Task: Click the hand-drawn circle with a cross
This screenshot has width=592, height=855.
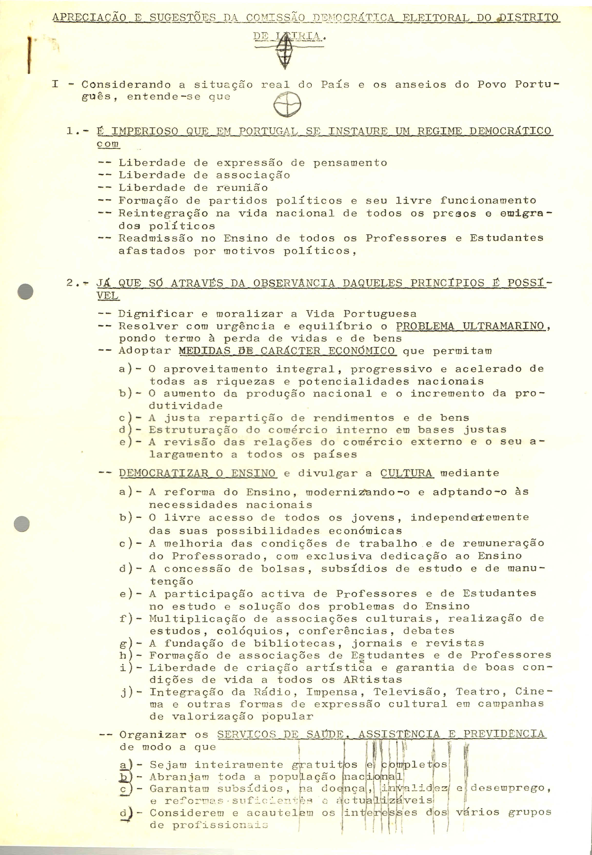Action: [287, 105]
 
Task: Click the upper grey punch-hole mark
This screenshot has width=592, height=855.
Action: [25, 291]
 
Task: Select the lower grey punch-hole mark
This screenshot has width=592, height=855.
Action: [21, 524]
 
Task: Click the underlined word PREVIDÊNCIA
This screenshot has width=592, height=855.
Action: [504, 734]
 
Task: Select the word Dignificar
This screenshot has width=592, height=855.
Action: [156, 314]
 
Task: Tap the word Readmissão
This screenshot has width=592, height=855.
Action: [156, 238]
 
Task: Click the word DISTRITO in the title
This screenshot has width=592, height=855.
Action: [529, 17]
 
